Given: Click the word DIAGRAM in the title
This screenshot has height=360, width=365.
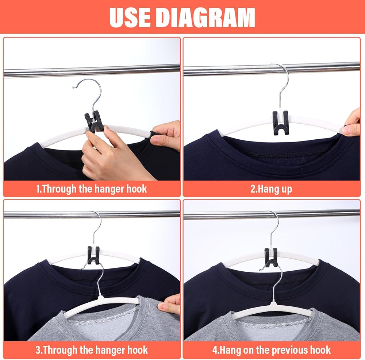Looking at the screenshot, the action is [x=205, y=18].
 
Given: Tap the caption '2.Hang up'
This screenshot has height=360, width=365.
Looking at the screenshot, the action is [x=271, y=189].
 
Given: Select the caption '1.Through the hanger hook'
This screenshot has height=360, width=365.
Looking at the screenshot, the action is [x=92, y=189].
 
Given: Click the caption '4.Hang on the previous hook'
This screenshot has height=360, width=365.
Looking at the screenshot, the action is [x=272, y=350].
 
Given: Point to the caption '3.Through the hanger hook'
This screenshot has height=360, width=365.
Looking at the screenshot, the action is [x=92, y=350].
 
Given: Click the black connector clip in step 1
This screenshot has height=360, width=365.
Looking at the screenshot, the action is [x=93, y=121].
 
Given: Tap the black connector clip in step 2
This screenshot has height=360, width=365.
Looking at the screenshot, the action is [x=280, y=123].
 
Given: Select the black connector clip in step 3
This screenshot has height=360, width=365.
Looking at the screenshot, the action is [x=93, y=256].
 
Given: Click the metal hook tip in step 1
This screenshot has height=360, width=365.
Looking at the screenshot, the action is [x=74, y=88].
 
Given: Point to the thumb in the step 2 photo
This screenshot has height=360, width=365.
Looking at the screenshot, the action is [x=350, y=130].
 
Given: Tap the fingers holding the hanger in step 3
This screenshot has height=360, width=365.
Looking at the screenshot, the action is [x=169, y=304].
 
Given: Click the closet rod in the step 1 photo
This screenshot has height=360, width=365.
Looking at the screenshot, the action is [x=92, y=71].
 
